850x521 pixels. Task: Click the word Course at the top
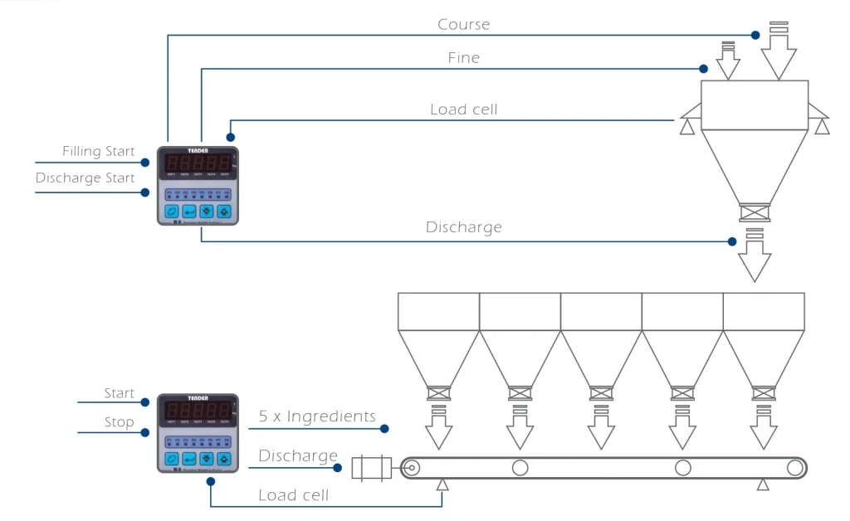tap(463, 25)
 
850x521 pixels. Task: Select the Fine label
tap(463, 58)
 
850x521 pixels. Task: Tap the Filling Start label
tap(98, 152)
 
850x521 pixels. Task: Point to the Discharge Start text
tap(85, 178)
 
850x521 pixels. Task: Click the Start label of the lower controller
tap(119, 393)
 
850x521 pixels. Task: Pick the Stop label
tap(119, 422)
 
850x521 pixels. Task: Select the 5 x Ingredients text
tap(317, 416)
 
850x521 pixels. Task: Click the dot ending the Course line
tap(755, 35)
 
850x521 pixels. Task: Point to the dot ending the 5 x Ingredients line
tap(385, 429)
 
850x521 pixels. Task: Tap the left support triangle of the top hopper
tap(686, 126)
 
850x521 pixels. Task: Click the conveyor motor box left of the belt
tap(370, 468)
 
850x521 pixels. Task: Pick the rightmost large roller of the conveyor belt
tap(795, 468)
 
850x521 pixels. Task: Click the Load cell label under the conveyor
tap(293, 495)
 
